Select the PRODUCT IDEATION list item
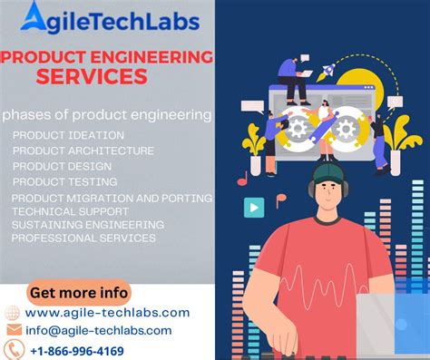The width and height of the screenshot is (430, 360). coord(63,135)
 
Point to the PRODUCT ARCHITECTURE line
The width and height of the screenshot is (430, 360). coord(83,151)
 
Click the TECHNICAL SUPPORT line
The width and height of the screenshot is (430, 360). coord(69,210)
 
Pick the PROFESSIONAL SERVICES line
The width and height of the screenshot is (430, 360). coord(83,238)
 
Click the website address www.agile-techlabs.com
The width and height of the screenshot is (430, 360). coord(107,312)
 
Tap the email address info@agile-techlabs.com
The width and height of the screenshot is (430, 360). coord(98,330)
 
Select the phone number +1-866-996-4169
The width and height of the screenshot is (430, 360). coord(77,350)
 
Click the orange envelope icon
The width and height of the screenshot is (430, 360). coord(14,330)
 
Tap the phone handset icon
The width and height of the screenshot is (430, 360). coord(14,350)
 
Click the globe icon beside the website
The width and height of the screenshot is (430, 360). coord(14,312)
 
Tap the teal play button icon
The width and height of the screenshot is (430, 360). coord(254,208)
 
